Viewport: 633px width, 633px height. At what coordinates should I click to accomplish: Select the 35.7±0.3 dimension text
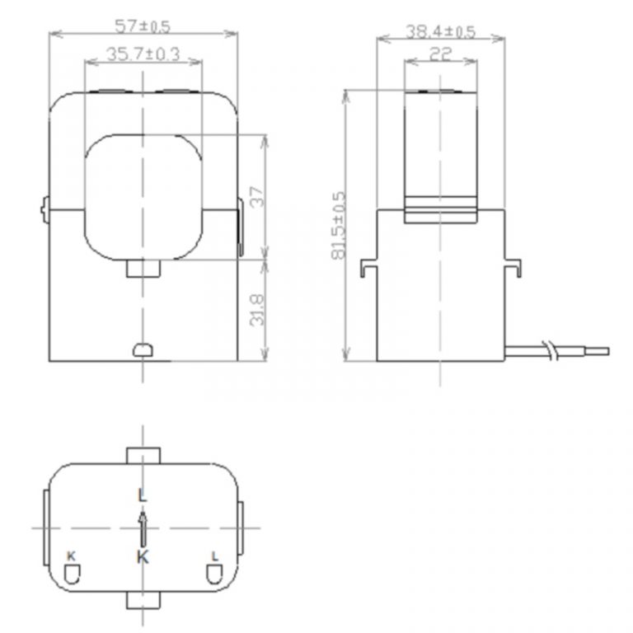143,54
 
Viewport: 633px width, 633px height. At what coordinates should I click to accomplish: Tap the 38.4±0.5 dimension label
440,31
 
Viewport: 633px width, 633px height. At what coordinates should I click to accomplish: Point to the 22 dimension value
440,54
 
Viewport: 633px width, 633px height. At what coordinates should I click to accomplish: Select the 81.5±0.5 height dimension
339,227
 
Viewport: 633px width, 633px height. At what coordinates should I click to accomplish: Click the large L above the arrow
143,495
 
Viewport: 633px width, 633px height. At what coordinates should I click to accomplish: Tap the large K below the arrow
143,557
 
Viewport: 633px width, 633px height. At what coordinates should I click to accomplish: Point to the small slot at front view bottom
143,350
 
